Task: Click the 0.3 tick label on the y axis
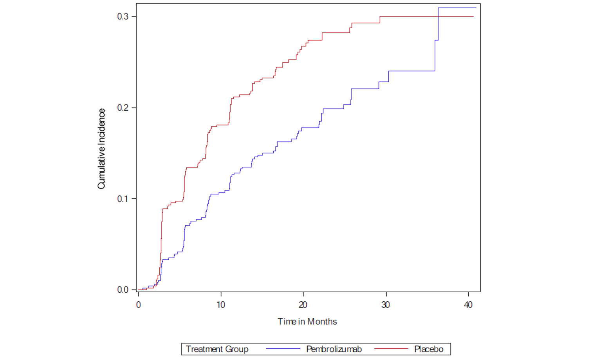(x=123, y=16)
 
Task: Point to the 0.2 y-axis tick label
(x=123, y=108)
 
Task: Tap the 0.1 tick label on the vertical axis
(x=123, y=199)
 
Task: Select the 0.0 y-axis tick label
(x=123, y=290)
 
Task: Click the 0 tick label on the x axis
(x=139, y=305)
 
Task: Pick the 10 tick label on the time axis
(x=221, y=305)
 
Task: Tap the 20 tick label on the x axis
(x=303, y=305)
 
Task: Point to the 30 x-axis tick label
(x=386, y=305)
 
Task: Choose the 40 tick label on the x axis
(x=468, y=305)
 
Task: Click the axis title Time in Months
(x=307, y=322)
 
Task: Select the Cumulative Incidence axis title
(x=101, y=149)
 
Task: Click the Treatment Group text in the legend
(x=217, y=349)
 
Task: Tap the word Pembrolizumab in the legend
(x=334, y=349)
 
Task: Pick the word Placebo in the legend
(x=429, y=349)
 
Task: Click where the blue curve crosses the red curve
(x=438, y=16)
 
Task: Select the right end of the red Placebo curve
(x=473, y=16)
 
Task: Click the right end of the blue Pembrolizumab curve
(x=476, y=8)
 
